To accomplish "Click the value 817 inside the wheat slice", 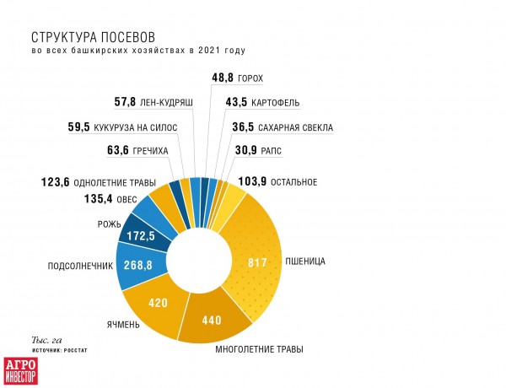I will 256,261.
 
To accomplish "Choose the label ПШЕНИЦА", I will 305,261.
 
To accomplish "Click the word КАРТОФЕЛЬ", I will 276,103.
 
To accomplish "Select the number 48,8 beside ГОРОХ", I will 222,78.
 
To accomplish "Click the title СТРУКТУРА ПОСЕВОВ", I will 94,37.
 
